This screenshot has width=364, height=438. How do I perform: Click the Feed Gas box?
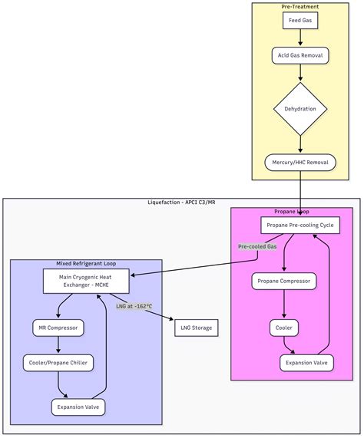[299, 20]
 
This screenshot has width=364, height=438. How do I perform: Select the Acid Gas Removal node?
[299, 55]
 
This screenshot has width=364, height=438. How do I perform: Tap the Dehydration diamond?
[299, 109]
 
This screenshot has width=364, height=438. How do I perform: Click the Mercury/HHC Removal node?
[299, 163]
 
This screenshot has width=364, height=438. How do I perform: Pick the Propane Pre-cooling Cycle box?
[296, 226]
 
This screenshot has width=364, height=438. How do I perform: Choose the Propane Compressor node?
[284, 281]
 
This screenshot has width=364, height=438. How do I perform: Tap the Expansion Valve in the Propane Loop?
[306, 362]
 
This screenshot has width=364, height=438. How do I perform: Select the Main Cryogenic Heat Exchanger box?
[86, 281]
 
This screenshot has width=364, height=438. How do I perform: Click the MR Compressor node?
[58, 328]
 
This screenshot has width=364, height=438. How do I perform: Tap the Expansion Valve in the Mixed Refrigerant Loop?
[78, 407]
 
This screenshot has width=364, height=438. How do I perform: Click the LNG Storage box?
[196, 328]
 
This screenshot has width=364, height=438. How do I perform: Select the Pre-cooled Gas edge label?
[257, 246]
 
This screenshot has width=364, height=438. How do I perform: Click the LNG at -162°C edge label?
[134, 307]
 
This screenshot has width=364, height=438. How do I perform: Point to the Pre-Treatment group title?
[299, 6]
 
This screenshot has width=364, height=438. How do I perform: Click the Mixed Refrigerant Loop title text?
[86, 264]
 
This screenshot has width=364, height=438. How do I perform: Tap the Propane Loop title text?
[291, 211]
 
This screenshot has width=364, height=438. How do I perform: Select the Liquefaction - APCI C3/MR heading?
[181, 203]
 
